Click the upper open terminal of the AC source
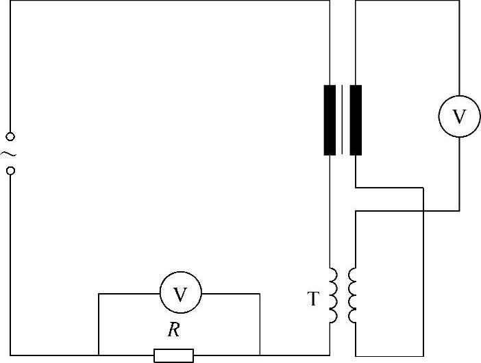pyautogui.click(x=10, y=137)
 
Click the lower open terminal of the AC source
pyautogui.click(x=10, y=169)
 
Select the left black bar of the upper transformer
pyautogui.click(x=330, y=120)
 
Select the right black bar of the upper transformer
pyautogui.click(x=356, y=120)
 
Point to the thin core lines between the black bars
pyautogui.click(x=343, y=120)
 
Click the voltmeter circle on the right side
pyautogui.click(x=459, y=116)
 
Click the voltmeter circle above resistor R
pyautogui.click(x=180, y=294)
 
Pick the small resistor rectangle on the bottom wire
pyautogui.click(x=173, y=355)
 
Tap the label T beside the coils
pyautogui.click(x=313, y=299)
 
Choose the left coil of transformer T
pyautogui.click(x=333, y=295)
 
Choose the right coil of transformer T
pyautogui.click(x=352, y=295)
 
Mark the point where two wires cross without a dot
pyautogui.click(x=425, y=211)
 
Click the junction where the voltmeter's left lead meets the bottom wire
pyautogui.click(x=99, y=355)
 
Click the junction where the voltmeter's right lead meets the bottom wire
pyautogui.click(x=260, y=355)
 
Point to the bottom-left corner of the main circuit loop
pyautogui.click(x=11, y=355)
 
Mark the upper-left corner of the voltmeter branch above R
pyautogui.click(x=99, y=294)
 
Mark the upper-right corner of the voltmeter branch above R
pyautogui.click(x=260, y=294)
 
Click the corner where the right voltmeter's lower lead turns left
pyautogui.click(x=459, y=211)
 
